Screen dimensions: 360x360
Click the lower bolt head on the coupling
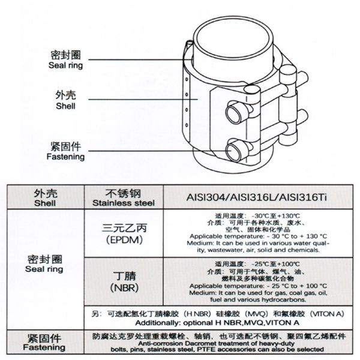pyautogui.click(x=234, y=147)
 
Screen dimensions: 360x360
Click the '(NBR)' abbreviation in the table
pyautogui.click(x=122, y=289)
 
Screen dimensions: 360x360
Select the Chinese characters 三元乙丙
pyautogui.click(x=123, y=229)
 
